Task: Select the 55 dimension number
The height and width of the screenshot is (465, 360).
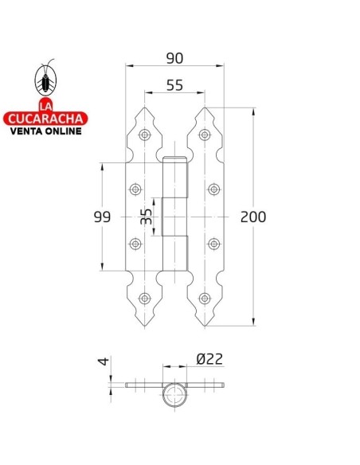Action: (x=176, y=85)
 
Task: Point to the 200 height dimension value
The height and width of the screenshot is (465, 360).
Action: (x=253, y=217)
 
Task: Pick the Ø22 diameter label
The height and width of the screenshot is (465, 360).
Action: (x=208, y=360)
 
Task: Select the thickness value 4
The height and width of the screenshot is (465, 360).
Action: (x=102, y=362)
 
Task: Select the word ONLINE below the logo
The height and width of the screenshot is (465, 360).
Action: (x=65, y=132)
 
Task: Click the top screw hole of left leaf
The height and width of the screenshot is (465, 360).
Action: (x=144, y=135)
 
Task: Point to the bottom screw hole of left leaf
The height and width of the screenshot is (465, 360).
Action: (x=144, y=298)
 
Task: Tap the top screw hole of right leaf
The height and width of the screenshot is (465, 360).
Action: (x=206, y=135)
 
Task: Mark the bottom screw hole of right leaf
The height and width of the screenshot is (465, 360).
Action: (x=206, y=298)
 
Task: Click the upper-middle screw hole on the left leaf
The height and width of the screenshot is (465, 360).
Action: (x=135, y=190)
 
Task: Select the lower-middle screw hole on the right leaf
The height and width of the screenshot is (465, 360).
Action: (x=214, y=244)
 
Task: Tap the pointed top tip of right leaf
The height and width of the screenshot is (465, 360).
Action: (x=206, y=108)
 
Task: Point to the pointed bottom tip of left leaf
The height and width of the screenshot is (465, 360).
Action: (x=144, y=326)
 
